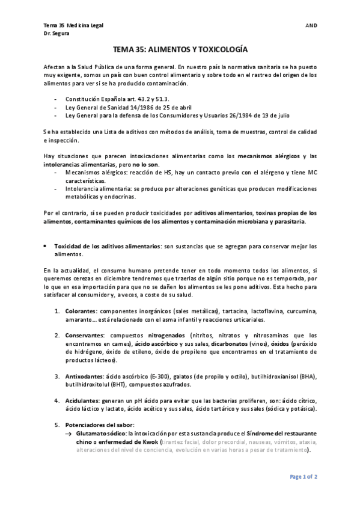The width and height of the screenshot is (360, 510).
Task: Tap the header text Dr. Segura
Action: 56,34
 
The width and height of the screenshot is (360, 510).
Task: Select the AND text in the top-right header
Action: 311,25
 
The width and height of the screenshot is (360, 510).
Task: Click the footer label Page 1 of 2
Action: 304,476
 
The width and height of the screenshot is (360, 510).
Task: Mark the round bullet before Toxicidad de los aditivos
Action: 46,247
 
